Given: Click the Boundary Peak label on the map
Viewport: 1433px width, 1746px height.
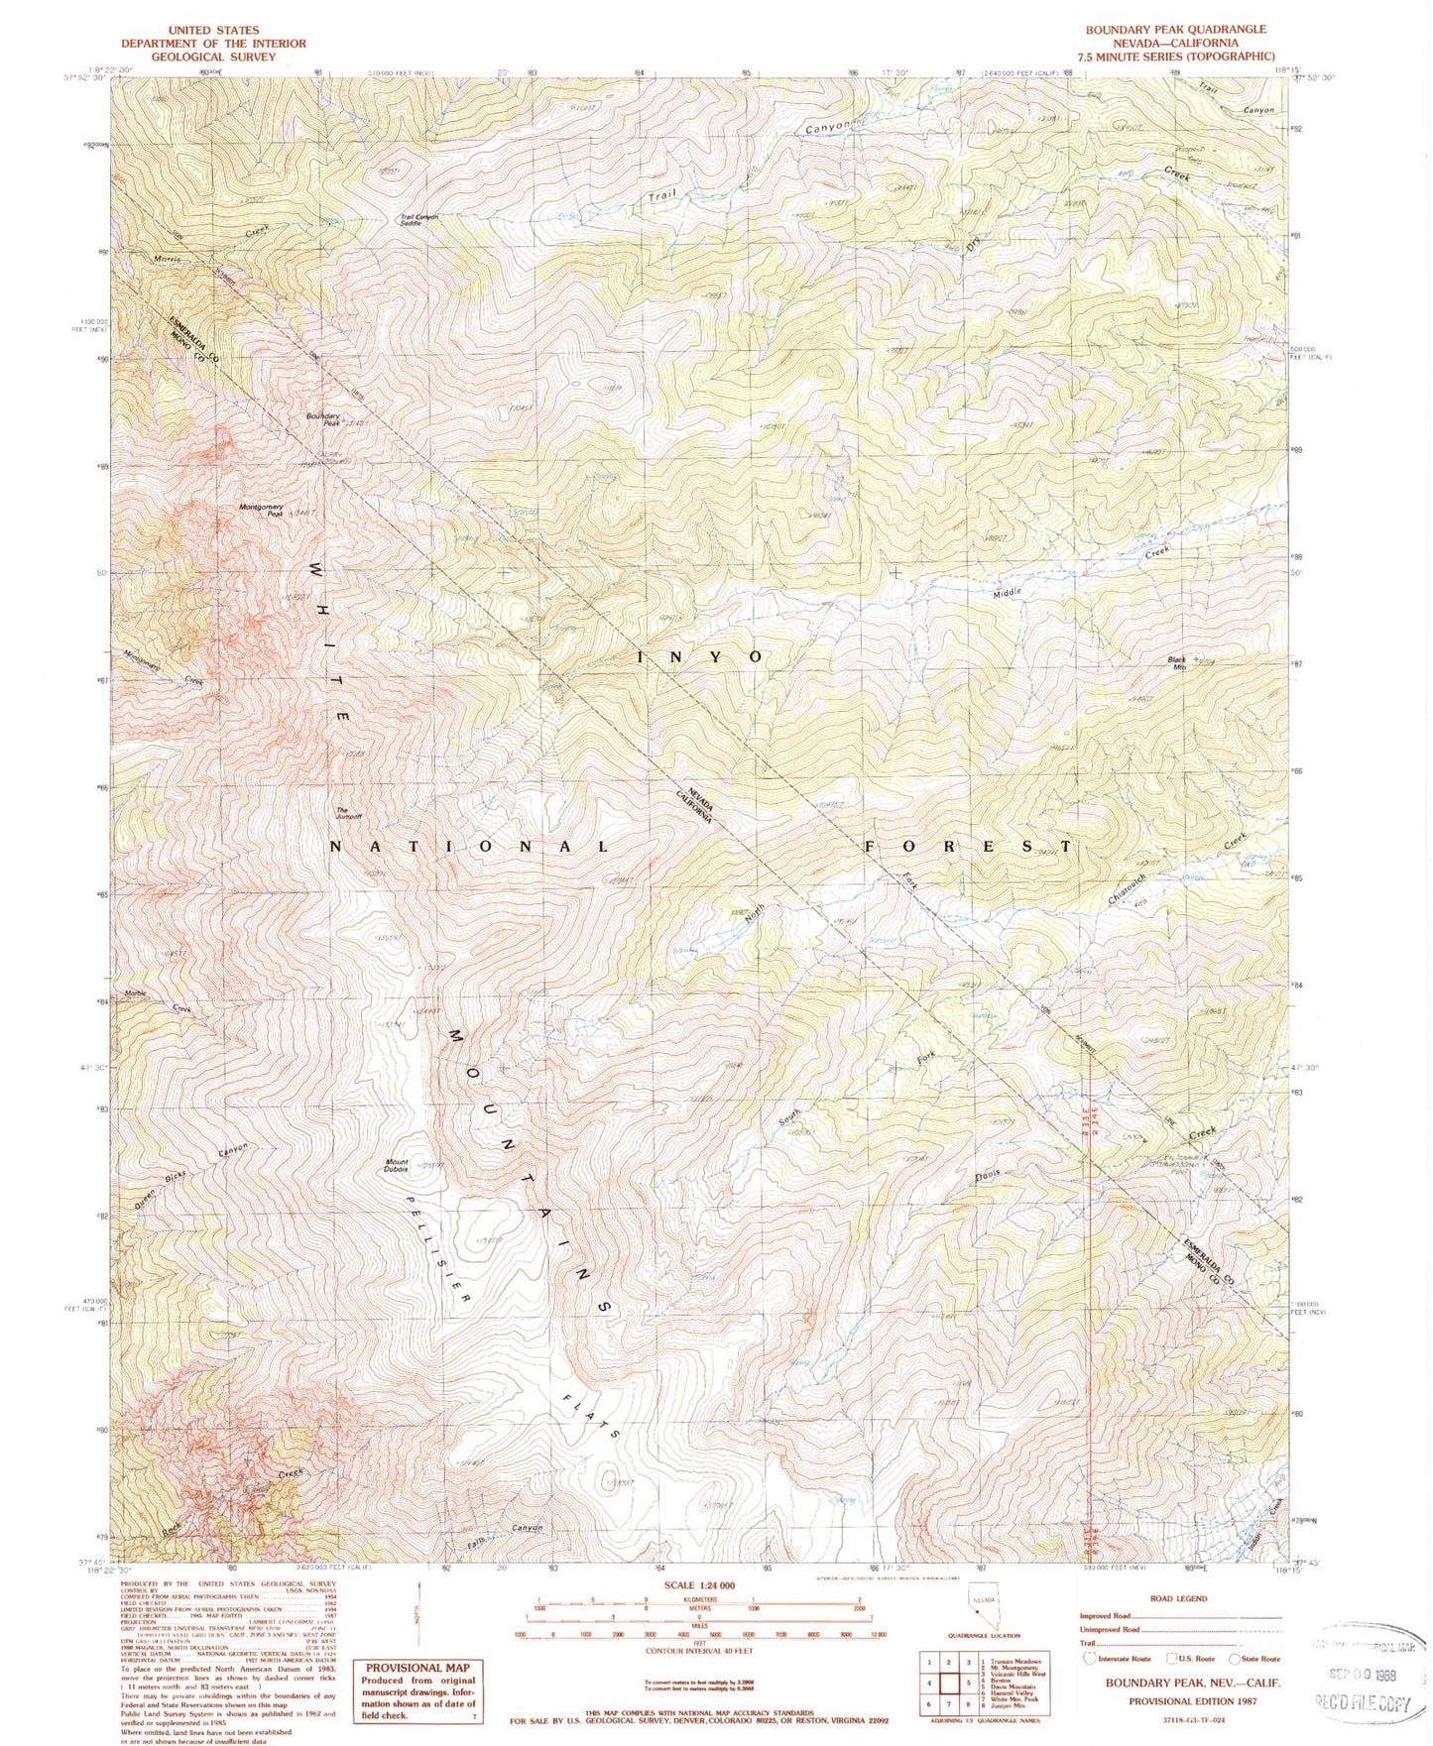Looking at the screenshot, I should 323,419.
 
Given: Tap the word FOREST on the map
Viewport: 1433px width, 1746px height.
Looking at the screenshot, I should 967,847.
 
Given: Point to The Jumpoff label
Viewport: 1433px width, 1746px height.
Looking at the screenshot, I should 348,813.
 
